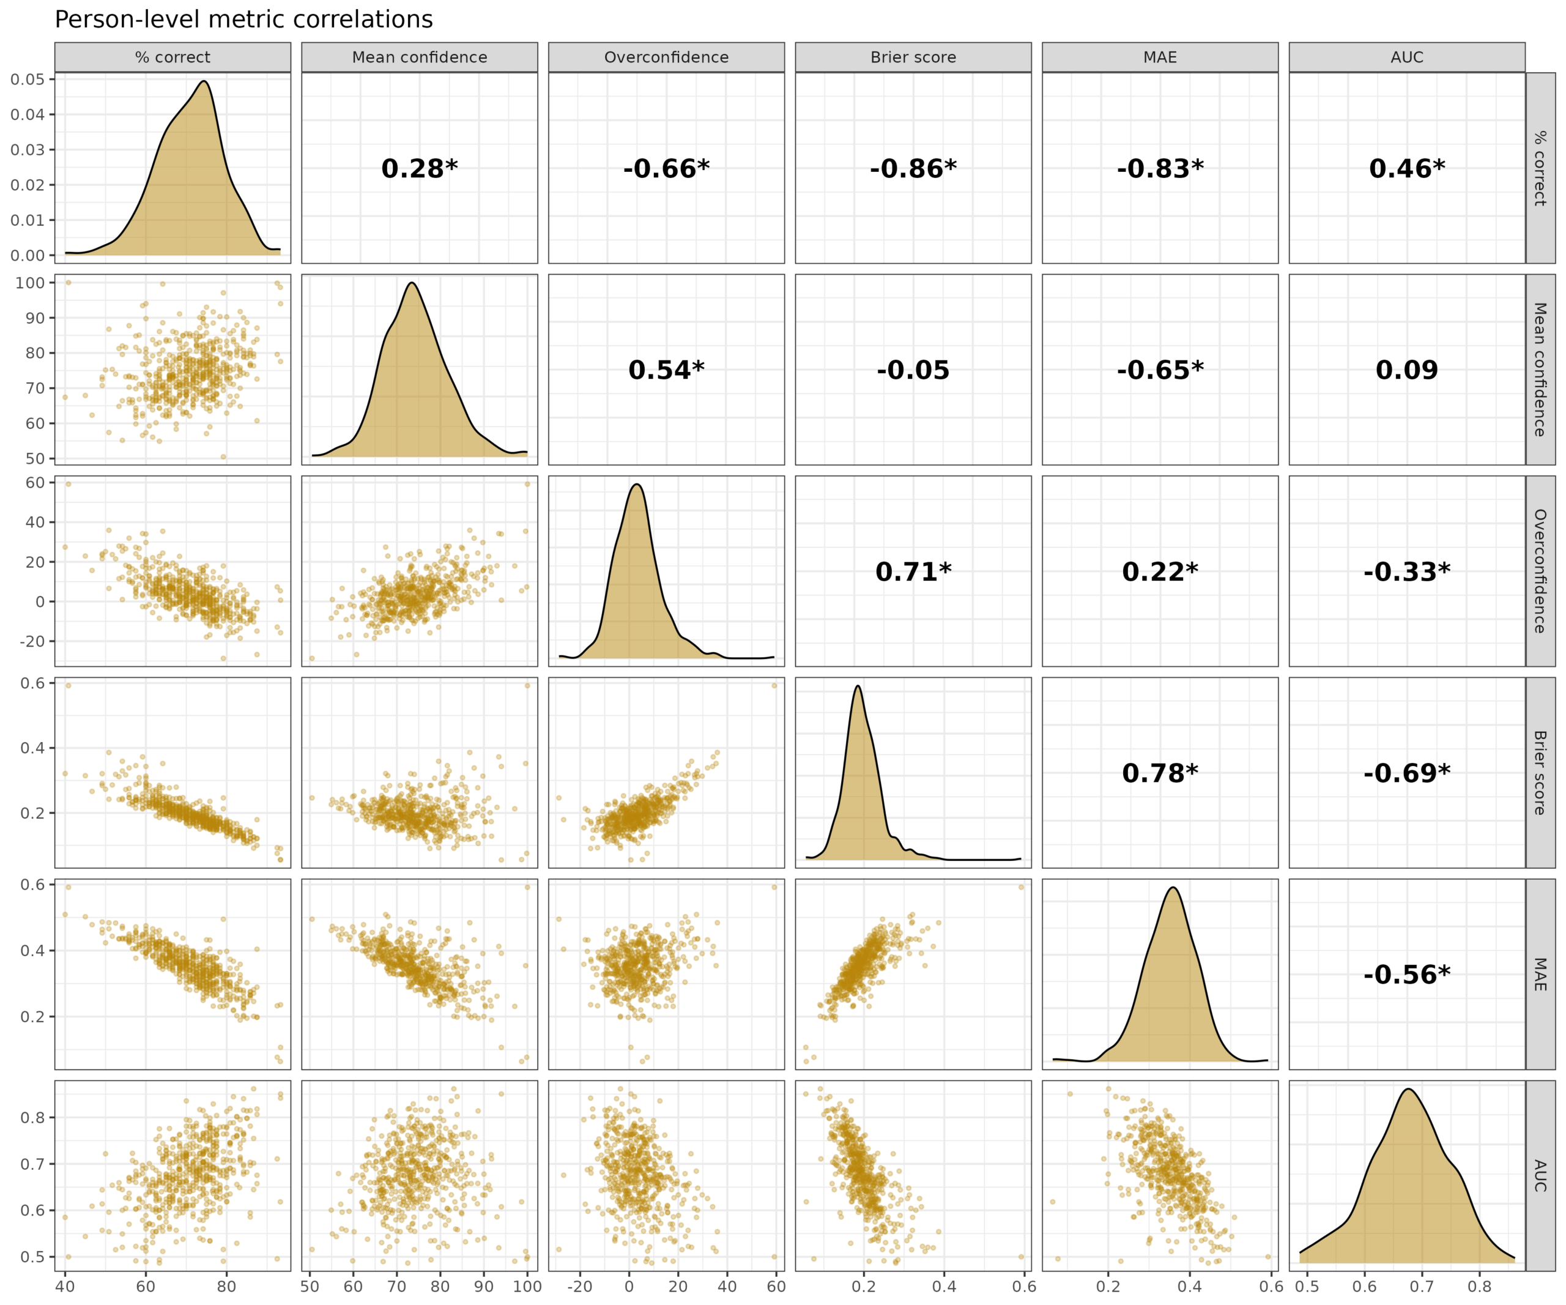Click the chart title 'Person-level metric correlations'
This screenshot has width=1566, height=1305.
coord(244,20)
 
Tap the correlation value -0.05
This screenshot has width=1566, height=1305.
coord(913,370)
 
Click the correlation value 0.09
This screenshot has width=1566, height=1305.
coord(1406,370)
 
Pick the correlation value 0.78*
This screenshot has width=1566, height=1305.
coord(1160,773)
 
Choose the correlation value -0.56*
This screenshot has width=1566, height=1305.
coord(1406,975)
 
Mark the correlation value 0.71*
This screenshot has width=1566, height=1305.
coord(913,572)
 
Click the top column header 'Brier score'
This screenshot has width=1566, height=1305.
coord(913,58)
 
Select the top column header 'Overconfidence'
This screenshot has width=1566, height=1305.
coord(666,58)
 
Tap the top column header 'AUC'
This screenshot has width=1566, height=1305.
coord(1406,58)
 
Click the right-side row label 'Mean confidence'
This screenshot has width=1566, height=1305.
coord(1539,370)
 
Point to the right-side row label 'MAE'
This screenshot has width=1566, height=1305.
coord(1539,975)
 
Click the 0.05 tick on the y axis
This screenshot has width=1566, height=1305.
coord(28,79)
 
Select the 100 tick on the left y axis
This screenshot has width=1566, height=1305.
coord(31,283)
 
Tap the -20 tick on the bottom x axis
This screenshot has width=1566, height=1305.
coord(579,1287)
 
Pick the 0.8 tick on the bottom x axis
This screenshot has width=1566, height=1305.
coord(1480,1287)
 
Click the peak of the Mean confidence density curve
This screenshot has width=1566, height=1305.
coord(412,283)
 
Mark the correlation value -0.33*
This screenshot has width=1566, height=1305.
coord(1406,572)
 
